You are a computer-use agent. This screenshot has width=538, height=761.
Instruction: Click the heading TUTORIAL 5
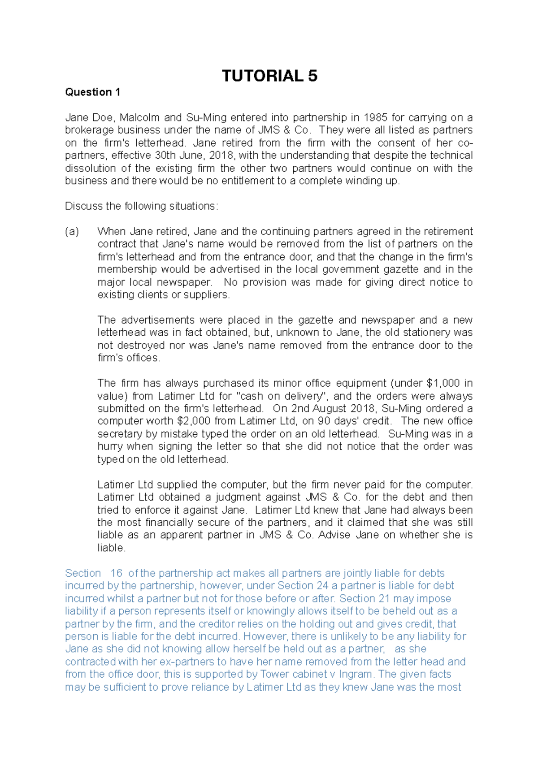(x=269, y=76)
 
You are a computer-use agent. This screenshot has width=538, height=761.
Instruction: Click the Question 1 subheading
(x=92, y=92)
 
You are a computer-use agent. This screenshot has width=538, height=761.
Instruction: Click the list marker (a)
(x=72, y=232)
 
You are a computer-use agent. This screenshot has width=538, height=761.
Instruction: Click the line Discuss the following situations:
(x=141, y=206)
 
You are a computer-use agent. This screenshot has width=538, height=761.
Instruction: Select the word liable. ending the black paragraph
(x=111, y=548)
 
